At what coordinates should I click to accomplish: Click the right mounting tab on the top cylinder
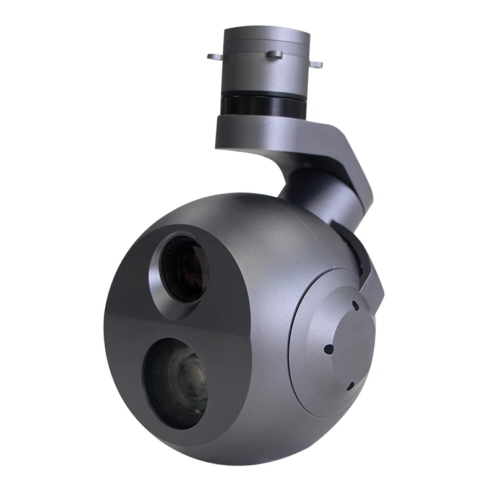(317, 62)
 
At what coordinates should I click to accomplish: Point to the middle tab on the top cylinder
(274, 54)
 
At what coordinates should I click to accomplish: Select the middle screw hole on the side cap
(329, 349)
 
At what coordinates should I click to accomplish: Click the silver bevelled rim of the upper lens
(162, 263)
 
